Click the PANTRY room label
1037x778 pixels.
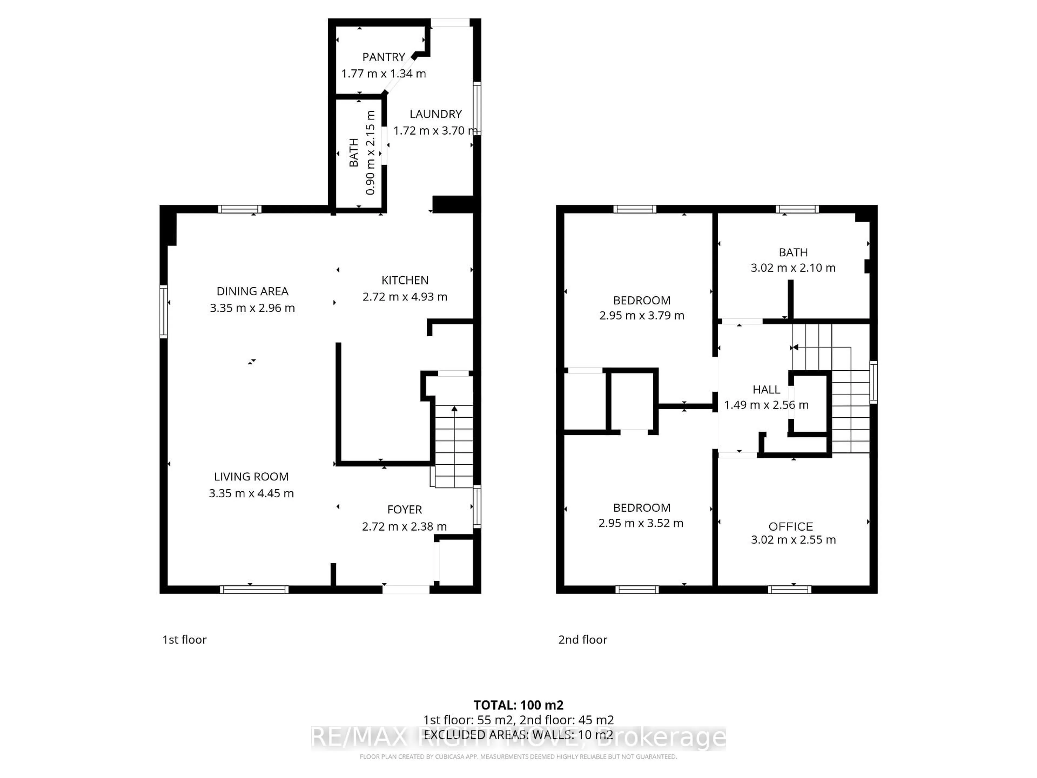point(383,57)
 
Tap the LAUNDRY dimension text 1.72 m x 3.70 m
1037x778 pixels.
point(436,130)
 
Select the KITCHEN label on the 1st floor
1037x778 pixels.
point(405,280)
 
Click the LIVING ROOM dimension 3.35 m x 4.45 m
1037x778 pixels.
point(251,493)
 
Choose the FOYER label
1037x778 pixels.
point(405,510)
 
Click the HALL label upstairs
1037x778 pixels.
point(766,390)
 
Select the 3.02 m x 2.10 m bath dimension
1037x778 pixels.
point(793,268)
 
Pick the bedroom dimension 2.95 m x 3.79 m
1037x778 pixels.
point(641,316)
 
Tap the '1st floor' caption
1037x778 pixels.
point(184,640)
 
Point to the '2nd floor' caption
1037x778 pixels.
point(582,640)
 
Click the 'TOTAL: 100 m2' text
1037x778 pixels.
point(518,705)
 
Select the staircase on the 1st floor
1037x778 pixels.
point(454,445)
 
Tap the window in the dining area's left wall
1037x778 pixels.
point(164,311)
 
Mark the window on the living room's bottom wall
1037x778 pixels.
point(254,589)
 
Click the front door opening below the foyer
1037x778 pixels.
point(406,589)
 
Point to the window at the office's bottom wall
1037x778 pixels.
point(789,589)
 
